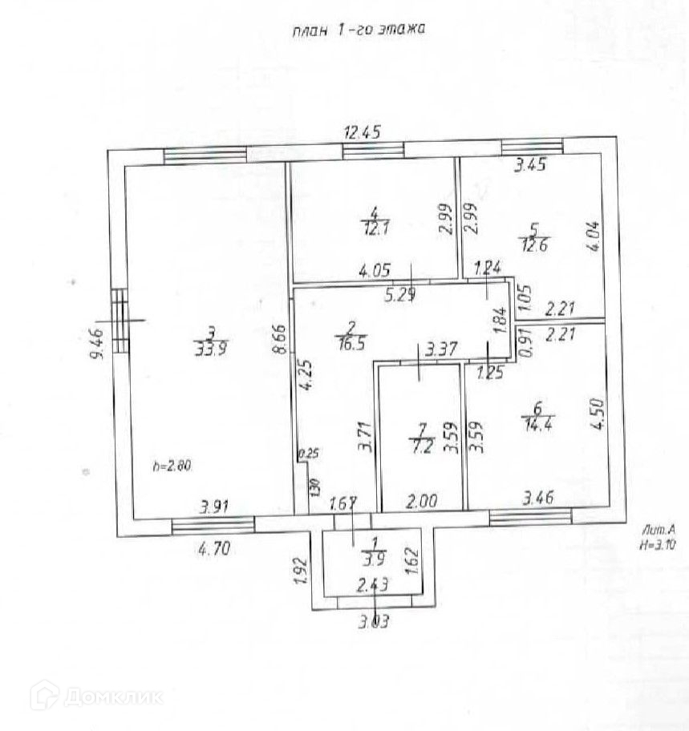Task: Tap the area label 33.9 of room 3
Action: [x=211, y=347]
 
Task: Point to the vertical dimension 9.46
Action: [x=98, y=345]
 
